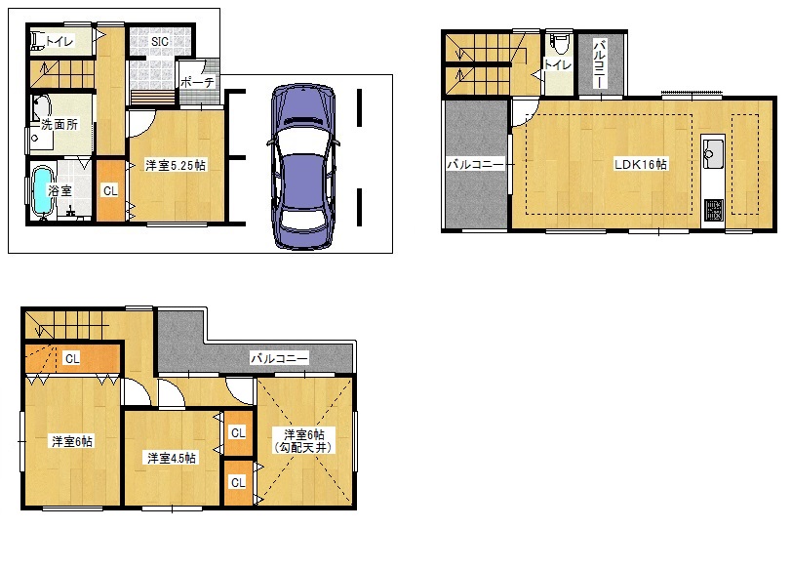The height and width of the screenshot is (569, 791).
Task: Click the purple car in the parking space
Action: click(x=302, y=167)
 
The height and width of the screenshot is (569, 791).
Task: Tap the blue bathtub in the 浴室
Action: click(x=42, y=193)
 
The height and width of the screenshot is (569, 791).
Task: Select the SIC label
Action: click(x=160, y=41)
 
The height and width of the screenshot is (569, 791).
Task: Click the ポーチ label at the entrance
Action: click(x=197, y=82)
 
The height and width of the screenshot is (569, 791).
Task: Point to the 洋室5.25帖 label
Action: click(x=176, y=165)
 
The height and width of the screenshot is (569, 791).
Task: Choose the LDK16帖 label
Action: click(x=640, y=164)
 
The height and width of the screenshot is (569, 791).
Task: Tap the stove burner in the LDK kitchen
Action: click(x=714, y=210)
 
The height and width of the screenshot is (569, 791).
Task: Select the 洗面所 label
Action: click(x=59, y=124)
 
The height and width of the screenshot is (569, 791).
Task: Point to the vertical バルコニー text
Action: click(x=600, y=63)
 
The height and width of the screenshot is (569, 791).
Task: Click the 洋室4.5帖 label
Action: click(x=172, y=458)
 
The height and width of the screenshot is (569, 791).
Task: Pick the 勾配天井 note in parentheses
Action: click(x=303, y=447)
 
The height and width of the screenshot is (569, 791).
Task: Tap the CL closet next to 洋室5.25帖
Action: click(x=110, y=191)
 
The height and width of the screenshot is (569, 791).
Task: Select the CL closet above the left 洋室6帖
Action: click(x=72, y=358)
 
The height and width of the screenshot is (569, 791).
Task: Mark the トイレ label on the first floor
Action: click(x=59, y=41)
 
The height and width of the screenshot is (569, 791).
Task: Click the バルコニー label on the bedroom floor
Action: click(x=279, y=358)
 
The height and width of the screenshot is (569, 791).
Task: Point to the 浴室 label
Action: click(x=60, y=191)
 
